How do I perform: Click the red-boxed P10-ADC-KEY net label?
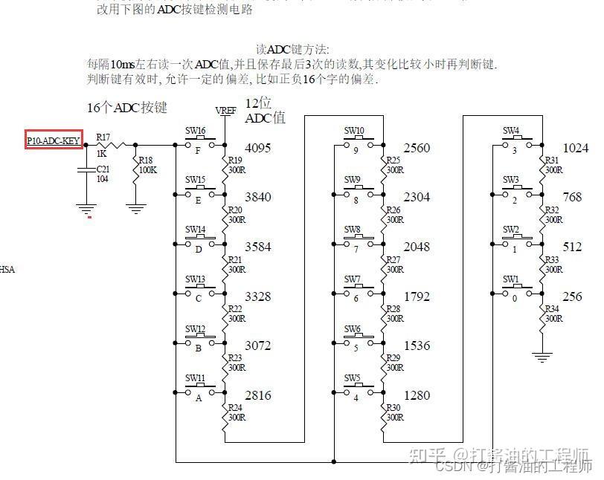pyautogui.click(x=53, y=139)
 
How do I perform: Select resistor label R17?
pyautogui.click(x=103, y=137)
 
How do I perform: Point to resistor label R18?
pyautogui.click(x=147, y=160)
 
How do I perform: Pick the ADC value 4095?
pyautogui.click(x=257, y=148)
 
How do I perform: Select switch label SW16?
pyautogui.click(x=195, y=131)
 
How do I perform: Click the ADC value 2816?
pyautogui.click(x=257, y=395)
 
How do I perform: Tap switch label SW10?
pyautogui.click(x=354, y=131)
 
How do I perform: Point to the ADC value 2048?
pyautogui.click(x=417, y=247)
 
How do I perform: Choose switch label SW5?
pyautogui.click(x=353, y=378)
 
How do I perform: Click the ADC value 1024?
pyautogui.click(x=575, y=148)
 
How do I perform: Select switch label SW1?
pyautogui.click(x=510, y=279)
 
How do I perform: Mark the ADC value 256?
pyautogui.click(x=572, y=296)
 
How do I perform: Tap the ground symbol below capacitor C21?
pyautogui.click(x=87, y=210)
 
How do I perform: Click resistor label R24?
pyautogui.click(x=234, y=407)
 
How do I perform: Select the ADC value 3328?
pyautogui.click(x=257, y=296)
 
